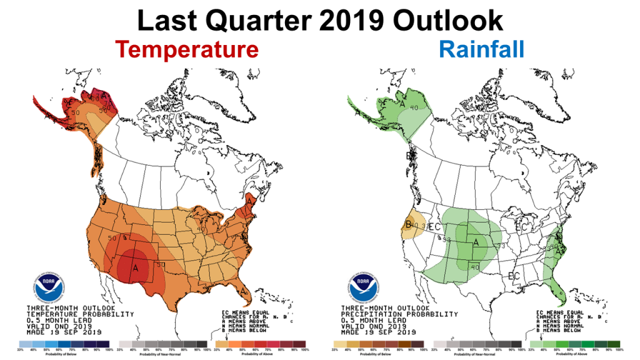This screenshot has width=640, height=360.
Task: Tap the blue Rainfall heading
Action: (481, 49)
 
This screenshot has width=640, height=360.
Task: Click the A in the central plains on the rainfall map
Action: (476, 242)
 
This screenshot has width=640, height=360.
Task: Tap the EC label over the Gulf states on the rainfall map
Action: (514, 276)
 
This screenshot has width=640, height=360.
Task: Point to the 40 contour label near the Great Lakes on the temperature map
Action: (201, 229)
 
